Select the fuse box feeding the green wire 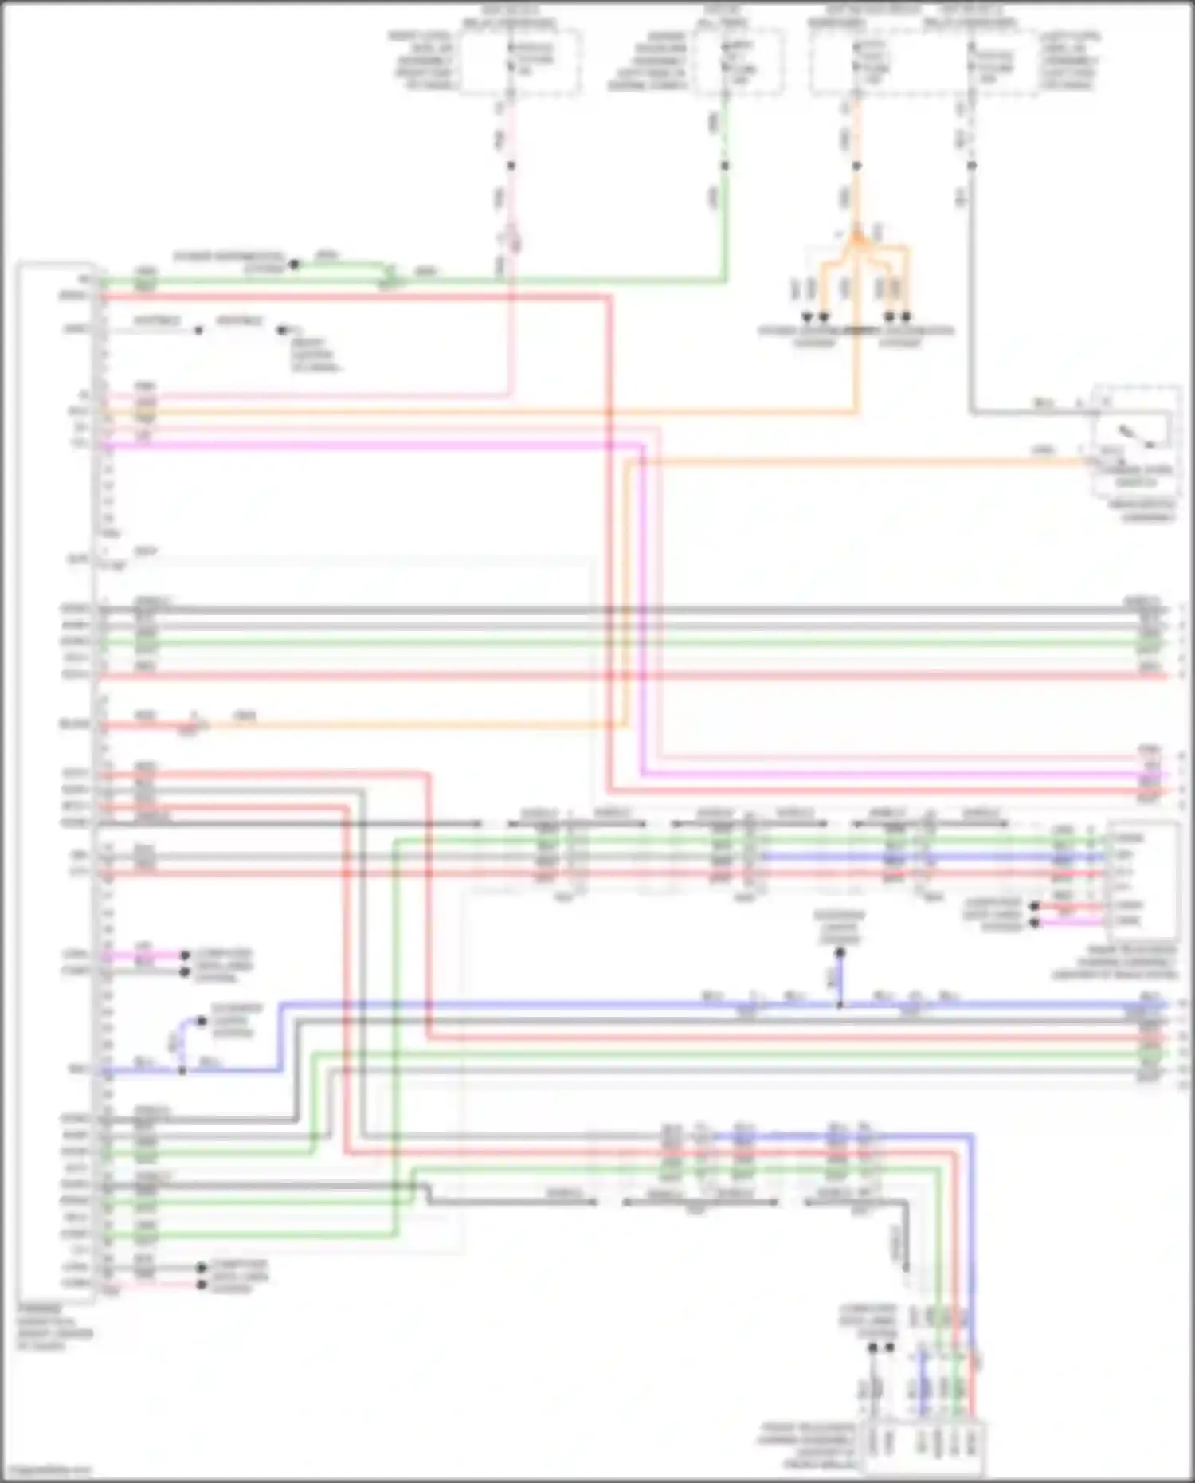point(736,62)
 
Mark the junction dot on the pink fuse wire point(511,166)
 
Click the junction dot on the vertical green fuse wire point(725,166)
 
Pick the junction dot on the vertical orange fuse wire point(856,166)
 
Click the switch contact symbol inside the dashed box point(1135,435)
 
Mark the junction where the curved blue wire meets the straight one point(182,1070)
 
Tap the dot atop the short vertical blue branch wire point(840,951)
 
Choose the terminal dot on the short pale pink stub point(201,1284)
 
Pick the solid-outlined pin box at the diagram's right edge point(1142,881)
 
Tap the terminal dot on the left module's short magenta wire point(185,955)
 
